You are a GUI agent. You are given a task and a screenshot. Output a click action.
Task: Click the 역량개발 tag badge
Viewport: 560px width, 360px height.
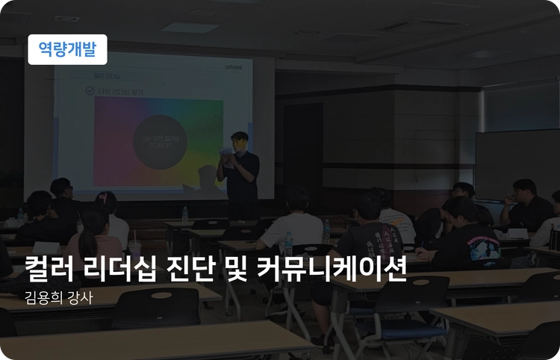(67, 49)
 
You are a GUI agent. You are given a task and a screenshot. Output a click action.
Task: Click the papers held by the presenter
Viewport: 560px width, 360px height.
(226, 153)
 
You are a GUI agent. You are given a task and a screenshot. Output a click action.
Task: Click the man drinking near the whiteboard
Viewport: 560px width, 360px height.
(523, 202)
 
